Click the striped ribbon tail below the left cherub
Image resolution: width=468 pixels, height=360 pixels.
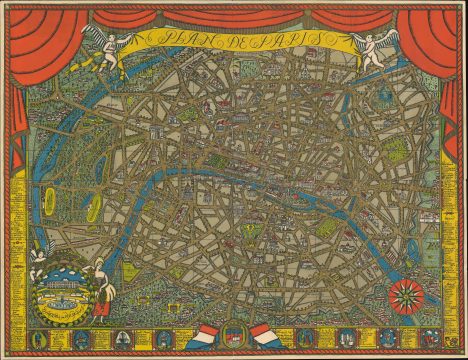98,62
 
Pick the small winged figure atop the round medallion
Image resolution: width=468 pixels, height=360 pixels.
38,256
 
